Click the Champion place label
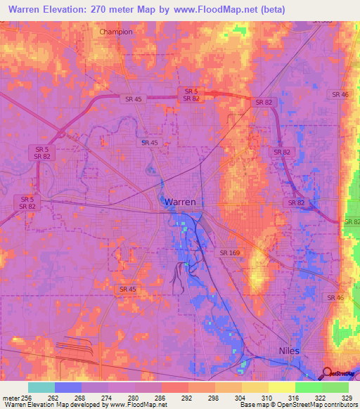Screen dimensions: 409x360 [x=116, y=32]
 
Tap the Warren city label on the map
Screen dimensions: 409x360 [x=180, y=202]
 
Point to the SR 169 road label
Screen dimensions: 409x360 [x=230, y=252]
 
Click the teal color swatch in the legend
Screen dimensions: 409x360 [x=41, y=387]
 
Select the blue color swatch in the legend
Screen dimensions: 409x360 [x=67, y=387]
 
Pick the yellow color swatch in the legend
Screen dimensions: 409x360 [x=281, y=387]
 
